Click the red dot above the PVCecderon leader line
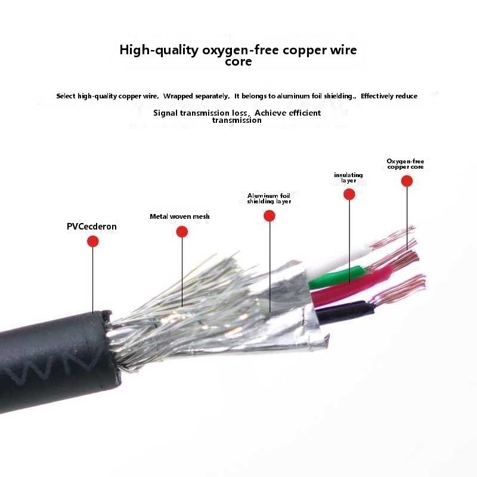pyautogui.click(x=92, y=241)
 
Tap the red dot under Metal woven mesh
pyautogui.click(x=182, y=232)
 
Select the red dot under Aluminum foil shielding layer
pyautogui.click(x=270, y=216)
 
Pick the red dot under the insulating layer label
pyautogui.click(x=349, y=194)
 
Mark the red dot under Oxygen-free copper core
pyautogui.click(x=407, y=181)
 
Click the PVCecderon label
pyautogui.click(x=92, y=227)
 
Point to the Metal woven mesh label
pyautogui.click(x=179, y=216)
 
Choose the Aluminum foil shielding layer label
pyautogui.click(x=269, y=198)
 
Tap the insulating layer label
pyautogui.click(x=348, y=178)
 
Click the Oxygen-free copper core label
pyautogui.click(x=405, y=164)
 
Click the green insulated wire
pyautogui.click(x=337, y=276)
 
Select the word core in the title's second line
pyautogui.click(x=238, y=62)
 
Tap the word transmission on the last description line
pyautogui.click(x=237, y=120)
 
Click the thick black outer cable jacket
pyautogui.click(x=54, y=364)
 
